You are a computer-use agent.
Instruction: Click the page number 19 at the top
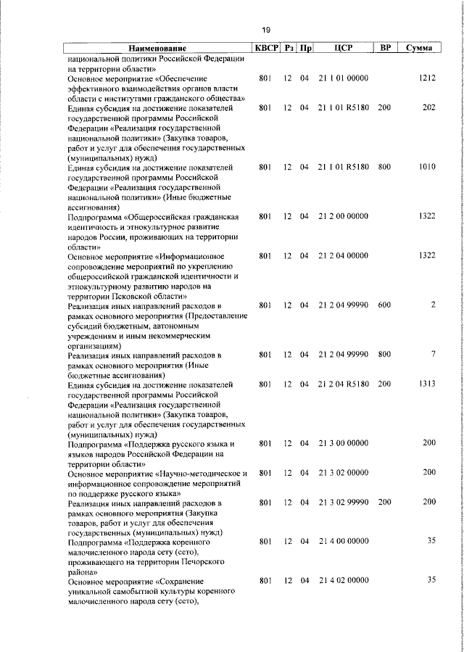[x=265, y=30]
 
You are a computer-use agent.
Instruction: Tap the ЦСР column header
[x=344, y=48]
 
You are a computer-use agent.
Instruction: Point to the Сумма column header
[x=420, y=48]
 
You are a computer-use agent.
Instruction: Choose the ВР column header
[x=386, y=48]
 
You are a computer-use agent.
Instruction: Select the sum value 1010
[x=427, y=167]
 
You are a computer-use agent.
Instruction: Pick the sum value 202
[x=428, y=107]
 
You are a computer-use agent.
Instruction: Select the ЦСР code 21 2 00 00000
[x=344, y=216]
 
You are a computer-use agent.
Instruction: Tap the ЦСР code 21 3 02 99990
[x=344, y=503]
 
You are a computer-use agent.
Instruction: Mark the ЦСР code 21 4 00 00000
[x=344, y=541]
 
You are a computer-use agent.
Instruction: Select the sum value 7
[x=432, y=355]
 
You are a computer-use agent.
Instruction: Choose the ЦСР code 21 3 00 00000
[x=344, y=442]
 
